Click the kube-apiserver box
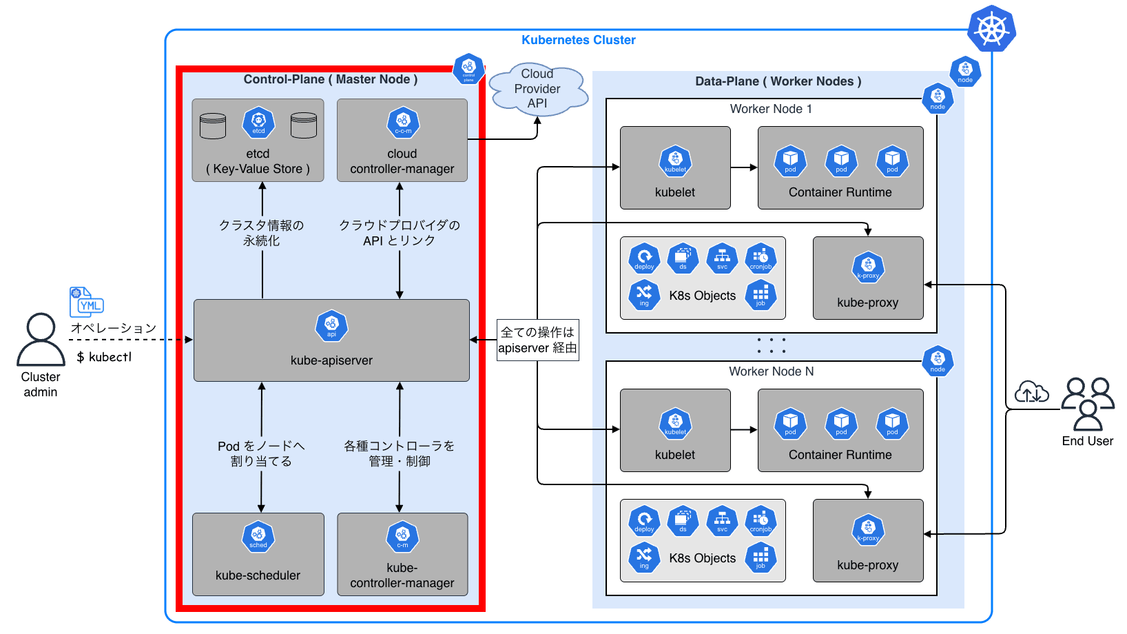pos(331,340)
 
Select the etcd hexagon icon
pos(258,123)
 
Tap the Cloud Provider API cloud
pos(538,89)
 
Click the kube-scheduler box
pos(258,554)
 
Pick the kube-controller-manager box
pos(402,554)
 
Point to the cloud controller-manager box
pos(402,141)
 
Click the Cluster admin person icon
pos(41,339)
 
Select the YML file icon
pos(86,303)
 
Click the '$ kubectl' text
pos(104,357)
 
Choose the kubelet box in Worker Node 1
pos(675,167)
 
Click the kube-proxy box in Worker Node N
pos(868,540)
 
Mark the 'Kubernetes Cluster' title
pos(578,40)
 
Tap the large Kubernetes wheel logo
pos(991,28)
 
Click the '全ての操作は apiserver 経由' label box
pos(537,340)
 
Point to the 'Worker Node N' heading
pos(771,371)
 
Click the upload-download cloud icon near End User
pos(1031,392)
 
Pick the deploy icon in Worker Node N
pos(644,521)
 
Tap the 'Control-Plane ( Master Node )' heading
pos(331,79)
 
